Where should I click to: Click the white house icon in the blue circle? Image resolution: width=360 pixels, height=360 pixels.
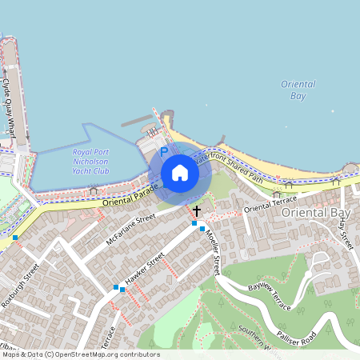[x=180, y=173]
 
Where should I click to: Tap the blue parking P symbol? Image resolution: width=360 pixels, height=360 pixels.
[x=164, y=150]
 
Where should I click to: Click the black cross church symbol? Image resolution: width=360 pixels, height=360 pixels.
[x=196, y=210]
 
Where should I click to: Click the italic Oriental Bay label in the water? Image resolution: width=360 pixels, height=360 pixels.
[x=298, y=90]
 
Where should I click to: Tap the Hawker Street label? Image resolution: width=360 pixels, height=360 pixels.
[x=145, y=270]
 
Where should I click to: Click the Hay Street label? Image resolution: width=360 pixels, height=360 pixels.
[x=346, y=232]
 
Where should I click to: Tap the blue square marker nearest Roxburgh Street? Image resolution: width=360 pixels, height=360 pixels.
[x=15, y=238]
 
